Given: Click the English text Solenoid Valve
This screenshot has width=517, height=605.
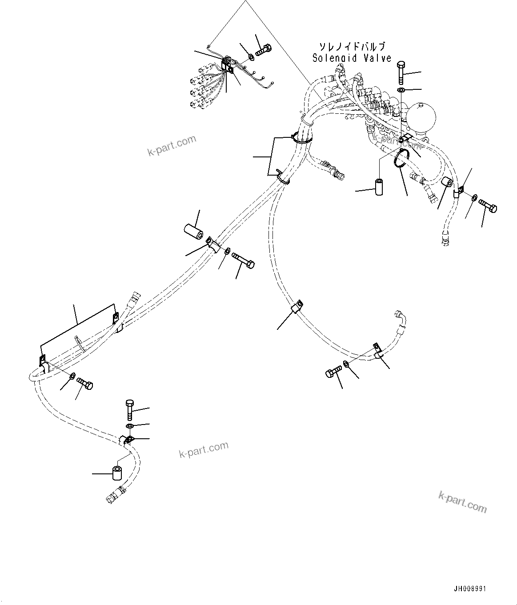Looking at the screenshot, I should (x=352, y=58).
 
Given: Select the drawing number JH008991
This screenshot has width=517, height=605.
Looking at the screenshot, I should (x=470, y=589).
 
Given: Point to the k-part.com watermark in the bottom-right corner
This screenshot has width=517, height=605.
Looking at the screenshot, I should (x=462, y=502).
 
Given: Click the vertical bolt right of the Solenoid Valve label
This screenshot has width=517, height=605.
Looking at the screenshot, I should (x=400, y=72).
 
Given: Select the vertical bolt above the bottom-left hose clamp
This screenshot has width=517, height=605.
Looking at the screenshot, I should (x=129, y=409).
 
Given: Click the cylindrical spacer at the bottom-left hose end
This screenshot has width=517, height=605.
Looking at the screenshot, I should (x=117, y=473).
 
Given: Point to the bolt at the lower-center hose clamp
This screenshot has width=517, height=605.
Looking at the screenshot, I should (x=333, y=371).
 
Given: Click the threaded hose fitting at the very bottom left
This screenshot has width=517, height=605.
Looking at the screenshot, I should (x=114, y=494).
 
